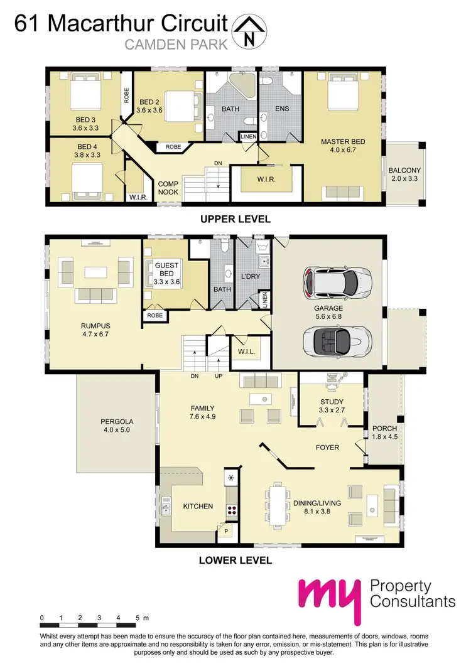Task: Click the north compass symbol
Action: point(249,31)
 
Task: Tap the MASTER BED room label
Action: point(342,142)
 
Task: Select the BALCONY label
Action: point(404,170)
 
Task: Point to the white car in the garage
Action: point(337,283)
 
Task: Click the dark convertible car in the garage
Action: point(337,342)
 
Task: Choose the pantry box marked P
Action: point(225,531)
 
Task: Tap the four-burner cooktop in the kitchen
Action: point(232,510)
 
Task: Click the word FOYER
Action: point(327,448)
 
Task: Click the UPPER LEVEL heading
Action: point(235,219)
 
